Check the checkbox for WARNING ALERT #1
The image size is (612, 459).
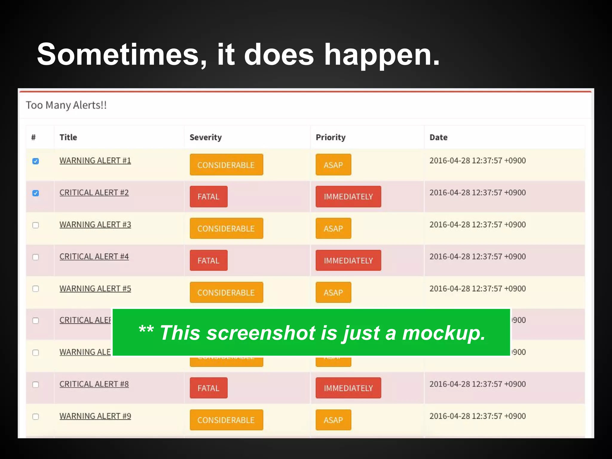36,161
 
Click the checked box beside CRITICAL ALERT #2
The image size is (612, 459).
36,193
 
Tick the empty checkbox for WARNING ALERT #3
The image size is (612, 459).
36,225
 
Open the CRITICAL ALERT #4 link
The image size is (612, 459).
94,256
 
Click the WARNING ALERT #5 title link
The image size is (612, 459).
95,288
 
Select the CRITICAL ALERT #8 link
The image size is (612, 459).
94,384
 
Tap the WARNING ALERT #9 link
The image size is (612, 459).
95,416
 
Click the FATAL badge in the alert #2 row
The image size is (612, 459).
209,197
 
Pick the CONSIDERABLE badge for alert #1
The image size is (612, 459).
226,165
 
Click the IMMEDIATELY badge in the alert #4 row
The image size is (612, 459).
348,260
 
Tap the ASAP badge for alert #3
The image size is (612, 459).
333,229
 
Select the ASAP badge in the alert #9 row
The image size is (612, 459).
333,420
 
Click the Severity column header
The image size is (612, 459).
206,137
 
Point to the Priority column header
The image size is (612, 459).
331,137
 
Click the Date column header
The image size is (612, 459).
438,137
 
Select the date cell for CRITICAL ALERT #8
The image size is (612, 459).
477,384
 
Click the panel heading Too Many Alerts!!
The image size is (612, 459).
66,105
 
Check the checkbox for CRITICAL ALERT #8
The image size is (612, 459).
36,385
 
